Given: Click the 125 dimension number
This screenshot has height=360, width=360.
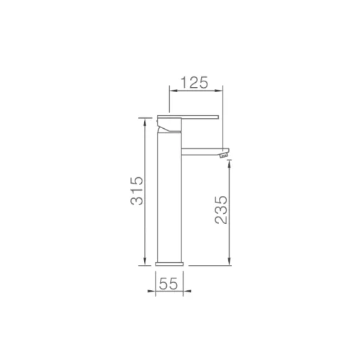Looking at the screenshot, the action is (x=194, y=83).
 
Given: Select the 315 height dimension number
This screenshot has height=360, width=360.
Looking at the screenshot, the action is (x=137, y=191).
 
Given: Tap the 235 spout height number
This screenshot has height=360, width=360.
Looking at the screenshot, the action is (x=221, y=210).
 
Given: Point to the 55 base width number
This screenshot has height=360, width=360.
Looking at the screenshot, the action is (x=168, y=284).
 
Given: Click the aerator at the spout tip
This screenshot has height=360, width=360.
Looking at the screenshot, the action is (x=224, y=156).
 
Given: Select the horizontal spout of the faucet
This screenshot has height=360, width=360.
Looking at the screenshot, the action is (x=203, y=151).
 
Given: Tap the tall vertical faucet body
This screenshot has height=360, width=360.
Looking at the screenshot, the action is (x=169, y=197).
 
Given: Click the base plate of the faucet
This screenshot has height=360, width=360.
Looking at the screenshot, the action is (x=169, y=264).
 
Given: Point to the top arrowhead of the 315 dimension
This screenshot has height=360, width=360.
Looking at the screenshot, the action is (x=145, y=122).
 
